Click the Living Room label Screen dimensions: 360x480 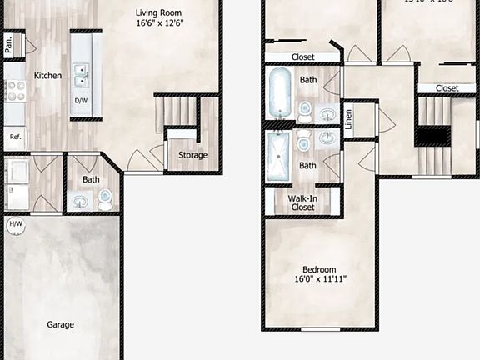click(x=160, y=12)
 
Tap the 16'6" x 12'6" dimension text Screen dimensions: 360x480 click(x=160, y=24)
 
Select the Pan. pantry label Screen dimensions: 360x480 click(x=9, y=45)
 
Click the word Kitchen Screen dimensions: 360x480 click(x=47, y=76)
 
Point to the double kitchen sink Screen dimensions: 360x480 click(x=81, y=77)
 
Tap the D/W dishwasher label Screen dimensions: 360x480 click(x=81, y=101)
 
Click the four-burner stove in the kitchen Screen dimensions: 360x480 click(x=14, y=91)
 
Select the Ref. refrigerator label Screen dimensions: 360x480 click(x=14, y=136)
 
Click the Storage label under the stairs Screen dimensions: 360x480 click(x=192, y=155)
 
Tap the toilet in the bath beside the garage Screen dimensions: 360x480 click(x=105, y=200)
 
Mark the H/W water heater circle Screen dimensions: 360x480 click(x=15, y=225)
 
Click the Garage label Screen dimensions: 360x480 click(x=60, y=325)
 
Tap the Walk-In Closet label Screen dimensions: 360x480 click(x=302, y=202)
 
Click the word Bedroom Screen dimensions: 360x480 click(x=319, y=269)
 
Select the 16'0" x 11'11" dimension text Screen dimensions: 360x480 click(x=319, y=279)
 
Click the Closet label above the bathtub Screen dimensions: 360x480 click(x=302, y=57)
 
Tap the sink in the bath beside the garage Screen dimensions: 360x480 click(x=81, y=201)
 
